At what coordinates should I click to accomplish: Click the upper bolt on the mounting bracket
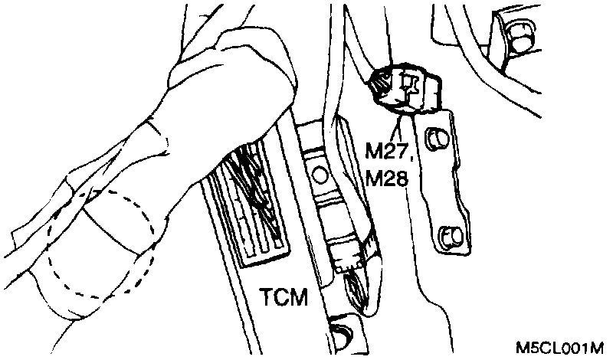[437, 138]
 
